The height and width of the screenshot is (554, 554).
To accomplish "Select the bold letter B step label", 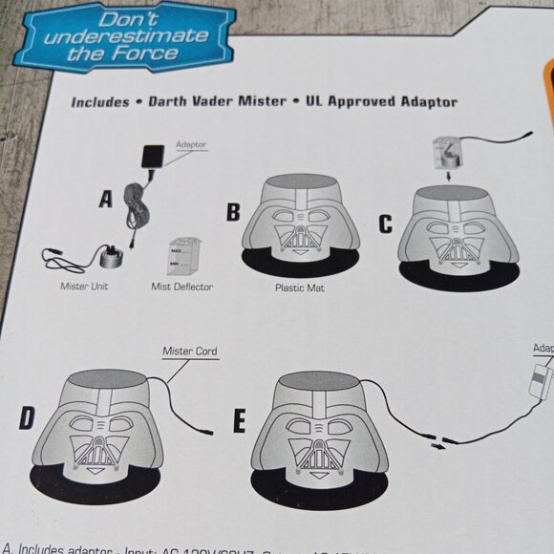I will point(233,212).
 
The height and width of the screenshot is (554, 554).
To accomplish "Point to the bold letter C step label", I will point(385,224).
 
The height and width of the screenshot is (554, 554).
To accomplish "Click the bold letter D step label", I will point(29,419).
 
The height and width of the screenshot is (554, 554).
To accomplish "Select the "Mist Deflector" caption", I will point(181,286).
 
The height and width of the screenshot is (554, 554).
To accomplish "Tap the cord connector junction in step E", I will point(436,442).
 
